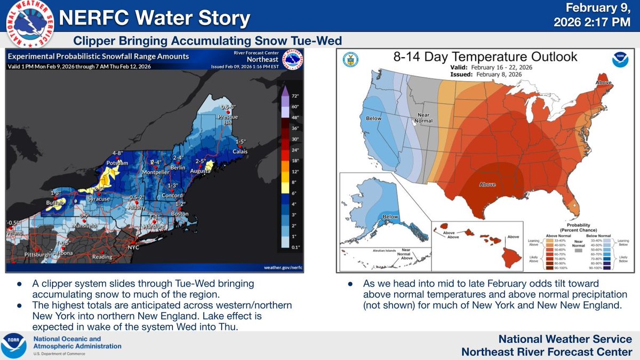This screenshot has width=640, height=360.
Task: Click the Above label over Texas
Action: pos(488,185)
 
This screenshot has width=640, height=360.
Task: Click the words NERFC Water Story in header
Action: pos(155,19)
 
